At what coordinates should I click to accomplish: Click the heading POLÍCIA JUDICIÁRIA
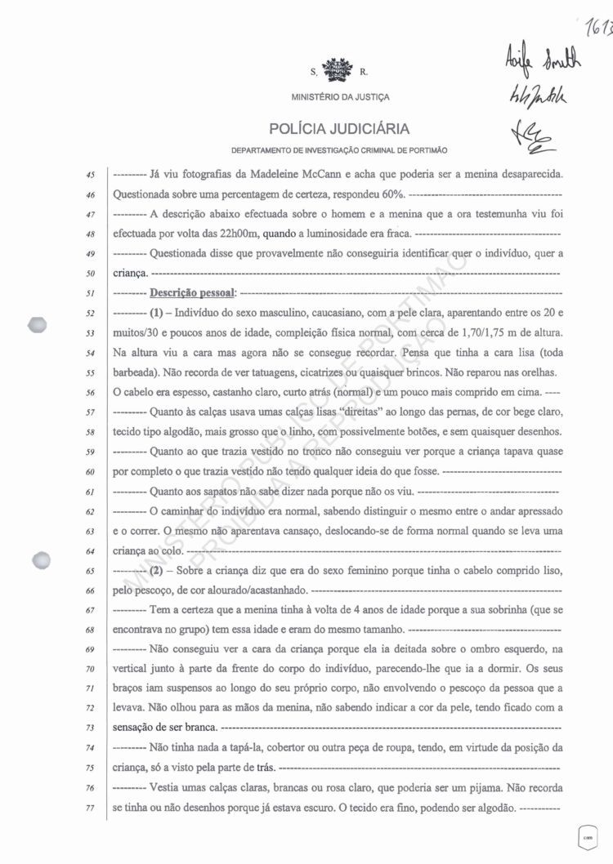[x=339, y=129]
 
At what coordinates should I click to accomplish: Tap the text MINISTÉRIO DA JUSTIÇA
[x=340, y=97]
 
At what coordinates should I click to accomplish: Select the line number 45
[x=91, y=174]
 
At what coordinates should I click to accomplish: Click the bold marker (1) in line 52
[x=160, y=313]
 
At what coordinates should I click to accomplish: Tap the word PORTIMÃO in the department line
[x=426, y=150]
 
